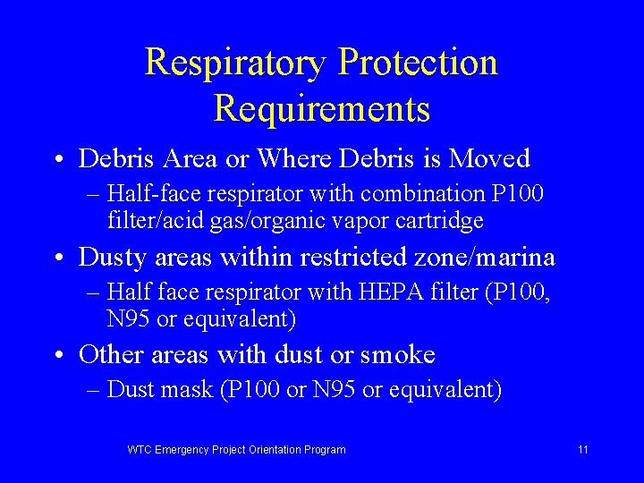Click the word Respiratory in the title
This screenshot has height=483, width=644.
[234, 64]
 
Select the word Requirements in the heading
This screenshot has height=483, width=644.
[322, 109]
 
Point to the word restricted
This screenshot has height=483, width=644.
[347, 258]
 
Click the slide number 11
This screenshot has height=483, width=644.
[583, 450]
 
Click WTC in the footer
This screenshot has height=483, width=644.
[140, 450]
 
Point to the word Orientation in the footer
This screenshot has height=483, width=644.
[267, 450]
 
